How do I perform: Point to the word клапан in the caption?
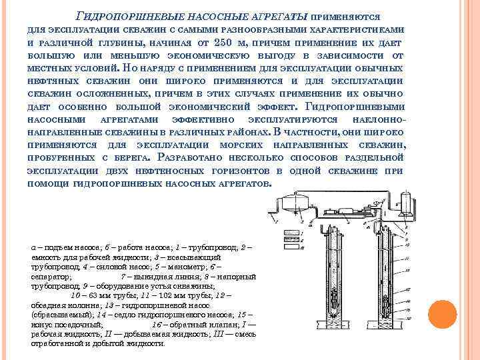pyautogui.click(x=213, y=323)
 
